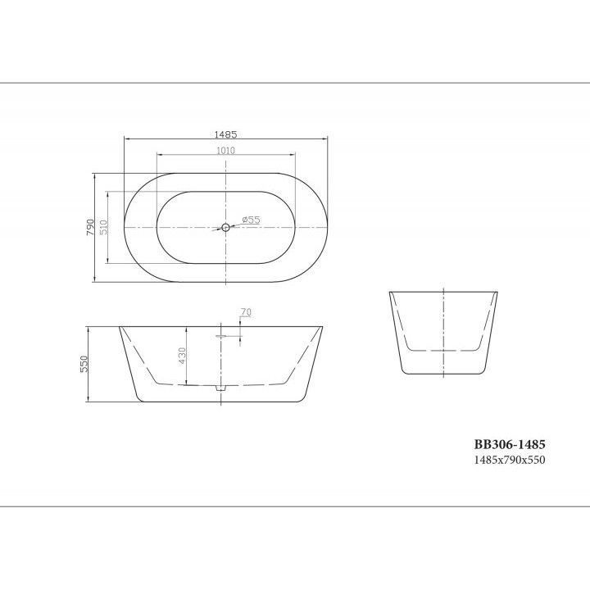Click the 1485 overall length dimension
coord(225,134)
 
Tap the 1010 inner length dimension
coord(226,151)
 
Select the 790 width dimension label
coord(90,227)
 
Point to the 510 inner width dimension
coord(104,227)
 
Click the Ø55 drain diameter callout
coord(251,220)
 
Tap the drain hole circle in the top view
coord(226,227)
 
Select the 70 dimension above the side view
coord(246,312)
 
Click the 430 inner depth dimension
coord(182,356)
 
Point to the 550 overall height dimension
coord(84,364)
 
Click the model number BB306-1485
coord(510,444)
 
